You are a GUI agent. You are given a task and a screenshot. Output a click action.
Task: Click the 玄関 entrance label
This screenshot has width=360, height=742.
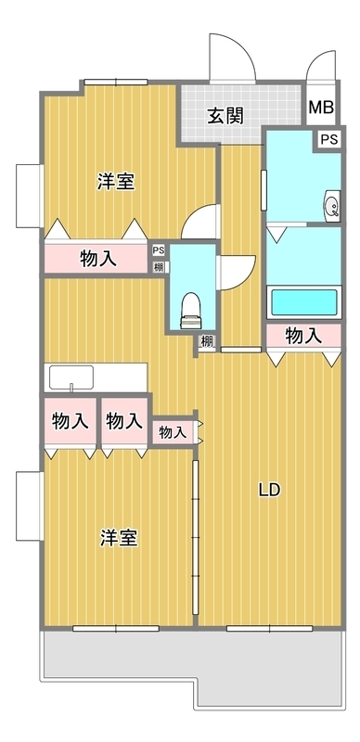tap(225, 115)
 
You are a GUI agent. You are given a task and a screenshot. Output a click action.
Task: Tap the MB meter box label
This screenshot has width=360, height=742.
tap(322, 108)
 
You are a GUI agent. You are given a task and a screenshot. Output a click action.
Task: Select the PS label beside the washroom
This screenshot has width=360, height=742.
tap(329, 140)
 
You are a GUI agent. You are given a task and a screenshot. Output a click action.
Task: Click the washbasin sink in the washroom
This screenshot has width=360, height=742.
tap(332, 206)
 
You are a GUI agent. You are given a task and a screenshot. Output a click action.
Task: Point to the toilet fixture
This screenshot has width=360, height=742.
tap(192, 311)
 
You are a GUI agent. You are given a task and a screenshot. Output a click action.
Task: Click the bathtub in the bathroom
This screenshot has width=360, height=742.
tap(304, 303)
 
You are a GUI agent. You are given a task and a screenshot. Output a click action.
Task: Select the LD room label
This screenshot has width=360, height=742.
tap(269, 491)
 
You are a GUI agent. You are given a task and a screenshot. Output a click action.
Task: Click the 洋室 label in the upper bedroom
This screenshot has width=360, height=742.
tap(117, 182)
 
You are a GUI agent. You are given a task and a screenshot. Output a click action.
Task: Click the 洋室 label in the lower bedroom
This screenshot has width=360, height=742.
tap(119, 539)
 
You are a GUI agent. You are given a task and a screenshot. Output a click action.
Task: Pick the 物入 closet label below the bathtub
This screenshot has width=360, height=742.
tap(303, 336)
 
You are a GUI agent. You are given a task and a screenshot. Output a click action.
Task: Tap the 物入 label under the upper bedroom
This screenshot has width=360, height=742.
tap(98, 259)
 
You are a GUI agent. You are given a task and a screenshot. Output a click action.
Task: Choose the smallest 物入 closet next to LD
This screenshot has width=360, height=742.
tap(172, 431)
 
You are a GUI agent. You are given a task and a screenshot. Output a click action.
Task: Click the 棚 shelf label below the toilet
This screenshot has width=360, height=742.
tap(207, 341)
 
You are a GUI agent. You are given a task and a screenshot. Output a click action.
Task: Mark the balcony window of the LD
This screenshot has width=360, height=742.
tap(269, 629)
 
